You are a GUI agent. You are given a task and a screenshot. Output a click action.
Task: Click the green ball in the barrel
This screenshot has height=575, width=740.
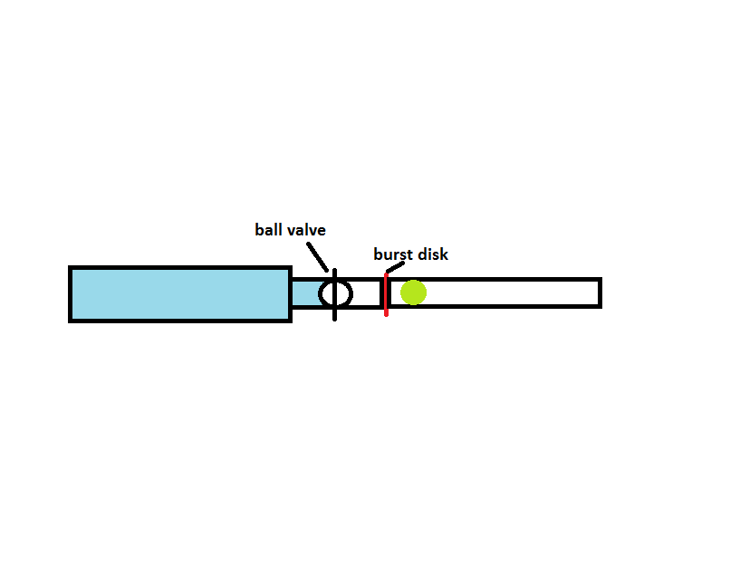point(413,292)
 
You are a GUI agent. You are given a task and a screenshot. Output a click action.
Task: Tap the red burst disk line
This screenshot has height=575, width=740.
point(386,294)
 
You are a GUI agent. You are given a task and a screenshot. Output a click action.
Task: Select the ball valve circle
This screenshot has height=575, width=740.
point(335,293)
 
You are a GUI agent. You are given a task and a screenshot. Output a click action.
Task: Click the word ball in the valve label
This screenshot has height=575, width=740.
point(269,230)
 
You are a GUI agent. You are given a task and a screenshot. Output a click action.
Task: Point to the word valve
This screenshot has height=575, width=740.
point(306,230)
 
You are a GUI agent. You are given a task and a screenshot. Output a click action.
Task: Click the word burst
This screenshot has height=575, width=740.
point(393,254)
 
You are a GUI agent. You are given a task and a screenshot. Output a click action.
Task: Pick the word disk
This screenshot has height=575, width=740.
point(433,254)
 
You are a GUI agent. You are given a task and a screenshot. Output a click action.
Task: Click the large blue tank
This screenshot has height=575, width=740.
point(179,293)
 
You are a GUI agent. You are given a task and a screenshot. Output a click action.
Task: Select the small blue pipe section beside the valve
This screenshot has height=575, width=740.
point(304,293)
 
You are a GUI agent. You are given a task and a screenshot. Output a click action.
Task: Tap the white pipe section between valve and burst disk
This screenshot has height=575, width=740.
point(366,293)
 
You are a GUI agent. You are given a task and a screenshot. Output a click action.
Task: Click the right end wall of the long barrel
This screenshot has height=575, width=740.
point(599,292)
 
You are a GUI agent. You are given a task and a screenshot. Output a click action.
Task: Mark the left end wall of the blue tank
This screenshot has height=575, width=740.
point(71,293)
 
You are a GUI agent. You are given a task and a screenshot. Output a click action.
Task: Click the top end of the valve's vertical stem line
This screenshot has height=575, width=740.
point(334,271)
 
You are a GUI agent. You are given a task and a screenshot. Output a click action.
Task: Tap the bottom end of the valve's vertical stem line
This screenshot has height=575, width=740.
point(334,318)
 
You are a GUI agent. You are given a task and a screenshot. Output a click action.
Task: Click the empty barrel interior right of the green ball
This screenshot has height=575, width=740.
point(507,292)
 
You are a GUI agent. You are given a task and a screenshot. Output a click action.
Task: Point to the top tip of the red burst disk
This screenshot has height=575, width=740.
point(386,275)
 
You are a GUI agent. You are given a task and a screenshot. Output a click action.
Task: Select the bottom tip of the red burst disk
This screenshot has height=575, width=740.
point(386,314)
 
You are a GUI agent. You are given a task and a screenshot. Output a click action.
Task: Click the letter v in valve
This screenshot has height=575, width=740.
point(292,231)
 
